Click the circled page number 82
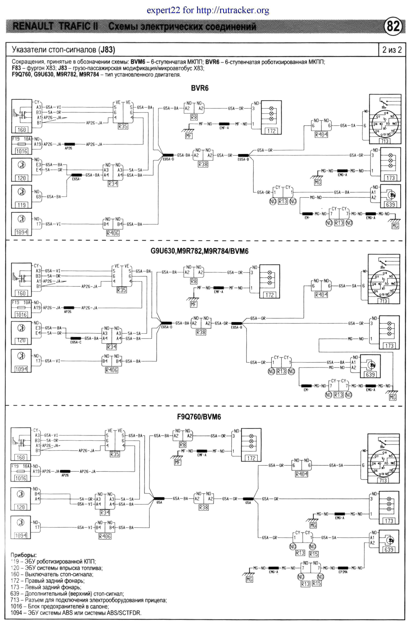[393, 26]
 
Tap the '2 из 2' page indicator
[392, 50]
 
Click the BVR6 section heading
[200, 88]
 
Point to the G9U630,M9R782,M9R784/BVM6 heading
[199, 251]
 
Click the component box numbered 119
[21, 205]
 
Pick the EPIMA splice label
[343, 572]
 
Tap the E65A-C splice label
[76, 342]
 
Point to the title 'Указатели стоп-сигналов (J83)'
[63, 50]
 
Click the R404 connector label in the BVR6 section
[321, 135]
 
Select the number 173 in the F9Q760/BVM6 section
[389, 521]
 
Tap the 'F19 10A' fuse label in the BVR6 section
[21, 139]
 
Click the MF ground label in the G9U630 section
[193, 304]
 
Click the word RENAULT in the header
[33, 26]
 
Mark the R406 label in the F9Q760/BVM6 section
[105, 537]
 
